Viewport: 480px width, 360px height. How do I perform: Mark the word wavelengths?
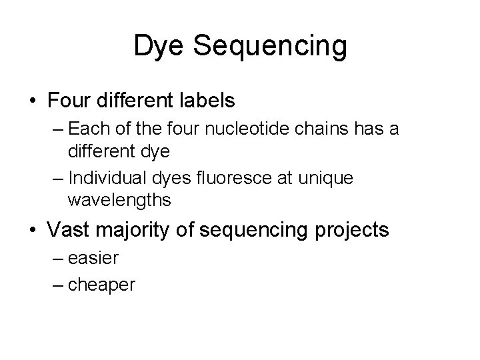(119, 199)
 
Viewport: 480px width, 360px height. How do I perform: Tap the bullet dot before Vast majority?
(33, 230)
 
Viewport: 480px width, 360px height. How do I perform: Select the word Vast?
(69, 229)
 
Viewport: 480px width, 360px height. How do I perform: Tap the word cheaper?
(102, 285)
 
